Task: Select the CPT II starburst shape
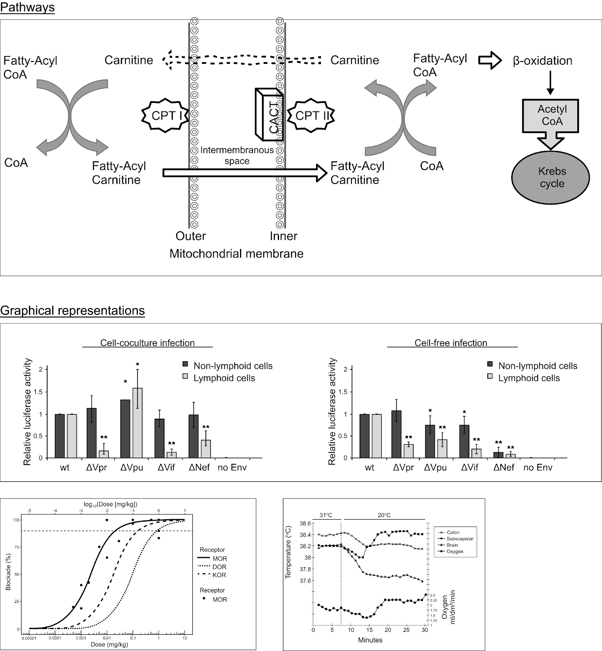[x=311, y=116]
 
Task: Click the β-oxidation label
[x=542, y=61]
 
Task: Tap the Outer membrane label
[x=190, y=236]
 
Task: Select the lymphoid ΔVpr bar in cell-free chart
[x=409, y=451]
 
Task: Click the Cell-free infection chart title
[x=451, y=343]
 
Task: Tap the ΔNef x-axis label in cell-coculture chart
[x=199, y=467]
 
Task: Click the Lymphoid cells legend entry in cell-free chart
[x=529, y=378]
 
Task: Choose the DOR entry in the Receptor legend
[x=219, y=567]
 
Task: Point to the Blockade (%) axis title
[x=9, y=569]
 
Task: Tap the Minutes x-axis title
[x=370, y=640]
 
